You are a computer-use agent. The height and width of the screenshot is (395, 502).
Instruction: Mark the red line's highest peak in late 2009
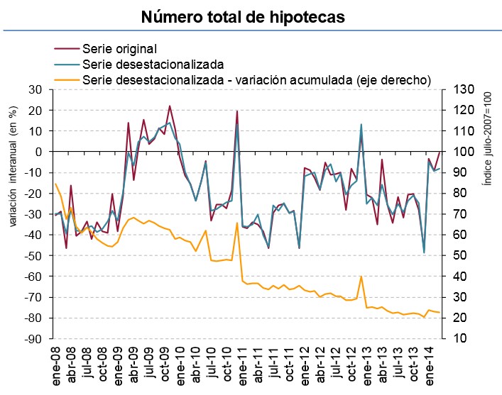click(170, 106)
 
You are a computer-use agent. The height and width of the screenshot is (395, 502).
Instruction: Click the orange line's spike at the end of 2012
click(361, 277)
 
